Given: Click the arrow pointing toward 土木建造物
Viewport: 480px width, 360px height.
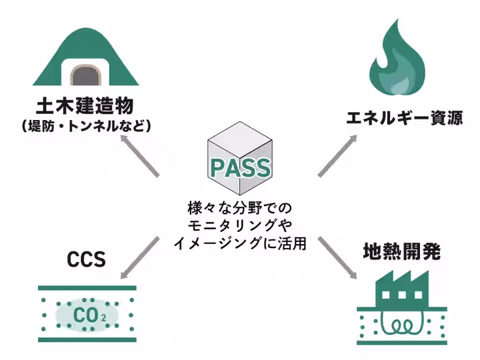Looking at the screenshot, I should click(139, 156).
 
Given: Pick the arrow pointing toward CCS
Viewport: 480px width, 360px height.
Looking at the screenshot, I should click(139, 256).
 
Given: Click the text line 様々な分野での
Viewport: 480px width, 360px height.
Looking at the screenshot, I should click(240, 207).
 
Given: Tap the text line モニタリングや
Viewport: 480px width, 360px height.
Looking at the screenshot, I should click(240, 225).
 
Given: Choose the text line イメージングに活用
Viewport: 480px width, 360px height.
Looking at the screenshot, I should click(240, 243).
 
